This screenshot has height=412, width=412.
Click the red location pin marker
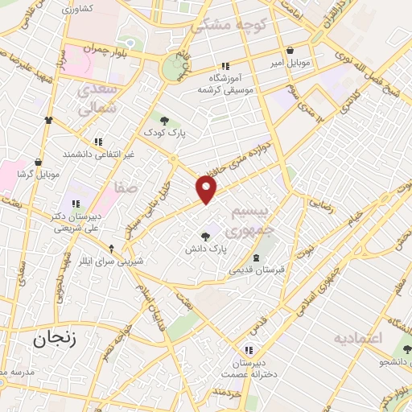(207, 189)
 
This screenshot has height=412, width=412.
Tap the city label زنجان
(55, 340)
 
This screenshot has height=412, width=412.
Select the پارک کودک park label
(164, 130)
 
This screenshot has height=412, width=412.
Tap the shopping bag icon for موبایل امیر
(289, 50)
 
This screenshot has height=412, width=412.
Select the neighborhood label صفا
(126, 188)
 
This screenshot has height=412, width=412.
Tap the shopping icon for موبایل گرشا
(38, 162)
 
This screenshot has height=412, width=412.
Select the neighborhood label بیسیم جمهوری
(247, 223)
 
